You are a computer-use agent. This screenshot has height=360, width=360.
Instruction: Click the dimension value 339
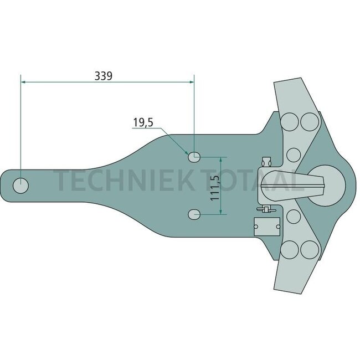point(104,76)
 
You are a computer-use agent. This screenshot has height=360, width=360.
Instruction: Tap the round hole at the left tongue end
point(21,186)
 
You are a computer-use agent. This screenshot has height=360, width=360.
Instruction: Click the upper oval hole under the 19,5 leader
point(194,157)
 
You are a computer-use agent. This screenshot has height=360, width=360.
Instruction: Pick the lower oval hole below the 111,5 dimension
point(194,214)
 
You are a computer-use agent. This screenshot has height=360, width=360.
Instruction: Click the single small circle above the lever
point(294,153)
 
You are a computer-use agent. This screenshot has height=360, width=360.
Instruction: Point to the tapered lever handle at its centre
point(294,182)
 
